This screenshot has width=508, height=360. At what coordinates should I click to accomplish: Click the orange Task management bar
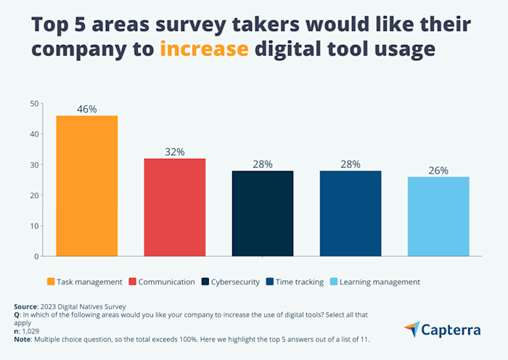tap(86, 186)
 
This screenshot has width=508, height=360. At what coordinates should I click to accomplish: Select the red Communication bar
tap(174, 207)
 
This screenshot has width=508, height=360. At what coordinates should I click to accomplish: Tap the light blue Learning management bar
tap(438, 216)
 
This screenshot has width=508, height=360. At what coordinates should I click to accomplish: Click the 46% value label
tap(86, 109)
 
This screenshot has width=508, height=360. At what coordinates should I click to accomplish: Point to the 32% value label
tap(174, 152)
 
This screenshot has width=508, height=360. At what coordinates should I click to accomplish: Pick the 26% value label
tap(438, 171)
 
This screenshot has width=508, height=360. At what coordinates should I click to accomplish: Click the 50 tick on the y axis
tap(33, 104)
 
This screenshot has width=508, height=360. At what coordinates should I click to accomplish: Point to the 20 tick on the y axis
tap(33, 195)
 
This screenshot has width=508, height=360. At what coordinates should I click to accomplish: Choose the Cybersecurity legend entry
tap(231, 282)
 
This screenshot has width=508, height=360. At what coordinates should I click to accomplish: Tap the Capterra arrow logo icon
tap(411, 330)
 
